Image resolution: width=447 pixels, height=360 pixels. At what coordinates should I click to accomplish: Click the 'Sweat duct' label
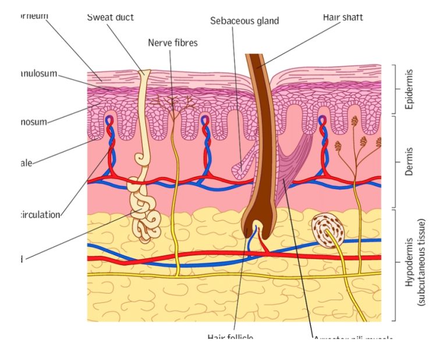tap(111, 17)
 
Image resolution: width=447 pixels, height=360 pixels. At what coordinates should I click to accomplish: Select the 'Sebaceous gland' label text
tap(244, 21)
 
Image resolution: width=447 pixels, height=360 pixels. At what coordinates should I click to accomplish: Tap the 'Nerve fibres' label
tap(173, 42)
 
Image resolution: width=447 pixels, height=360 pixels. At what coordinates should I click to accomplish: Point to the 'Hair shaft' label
tap(343, 17)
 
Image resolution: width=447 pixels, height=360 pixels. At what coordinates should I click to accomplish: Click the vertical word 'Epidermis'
tap(410, 89)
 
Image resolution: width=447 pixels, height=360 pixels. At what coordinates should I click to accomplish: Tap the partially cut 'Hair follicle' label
tap(230, 337)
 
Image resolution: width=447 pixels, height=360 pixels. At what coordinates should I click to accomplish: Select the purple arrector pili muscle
tap(294, 169)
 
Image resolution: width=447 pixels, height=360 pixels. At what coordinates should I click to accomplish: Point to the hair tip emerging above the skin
tap(254, 59)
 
